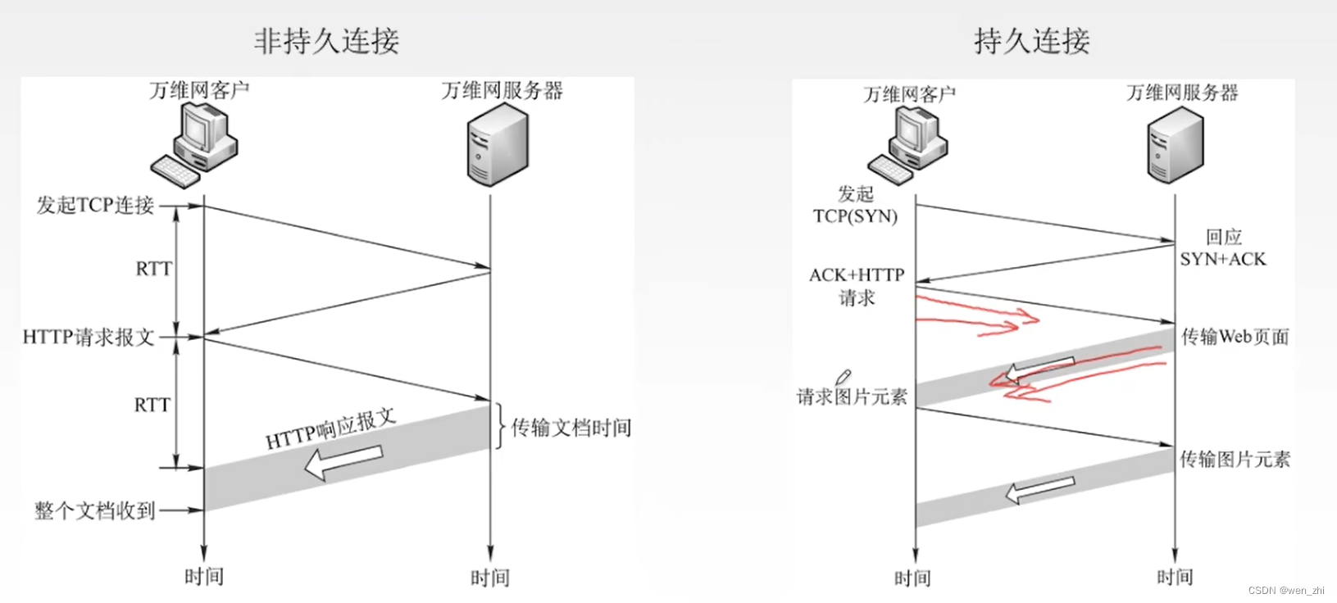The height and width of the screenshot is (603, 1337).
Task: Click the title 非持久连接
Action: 326,40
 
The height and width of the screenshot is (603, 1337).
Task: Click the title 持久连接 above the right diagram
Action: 1032,40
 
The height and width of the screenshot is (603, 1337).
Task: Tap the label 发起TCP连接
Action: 95,206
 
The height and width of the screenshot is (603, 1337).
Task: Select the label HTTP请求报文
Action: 89,337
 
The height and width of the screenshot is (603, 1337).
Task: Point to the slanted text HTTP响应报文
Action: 330,428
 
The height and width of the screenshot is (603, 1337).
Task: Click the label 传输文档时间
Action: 571,428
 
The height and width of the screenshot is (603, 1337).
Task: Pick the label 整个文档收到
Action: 95,510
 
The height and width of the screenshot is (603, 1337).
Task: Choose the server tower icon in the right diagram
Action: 1175,145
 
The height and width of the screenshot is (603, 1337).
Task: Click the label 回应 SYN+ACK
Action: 1223,248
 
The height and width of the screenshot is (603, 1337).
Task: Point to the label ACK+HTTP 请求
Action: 857,286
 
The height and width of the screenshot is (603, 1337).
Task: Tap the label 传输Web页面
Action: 1235,337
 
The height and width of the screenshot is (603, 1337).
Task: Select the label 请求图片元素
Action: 852,397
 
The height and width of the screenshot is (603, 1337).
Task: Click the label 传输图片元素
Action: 1235,459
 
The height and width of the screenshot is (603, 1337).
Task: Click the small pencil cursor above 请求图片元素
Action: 842,377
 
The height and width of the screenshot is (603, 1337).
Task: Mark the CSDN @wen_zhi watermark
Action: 1286,591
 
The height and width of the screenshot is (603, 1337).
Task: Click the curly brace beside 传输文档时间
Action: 498,427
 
